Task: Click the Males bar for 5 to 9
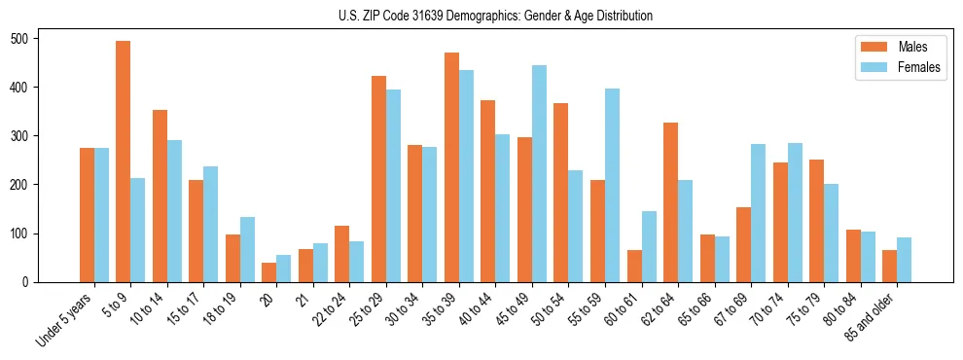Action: [124, 162]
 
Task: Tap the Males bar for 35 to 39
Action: [451, 167]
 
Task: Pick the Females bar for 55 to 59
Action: [612, 186]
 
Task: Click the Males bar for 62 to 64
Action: [670, 202]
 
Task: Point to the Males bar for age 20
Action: [269, 272]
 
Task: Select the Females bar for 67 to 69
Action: [758, 213]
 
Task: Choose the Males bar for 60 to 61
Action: [634, 266]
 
